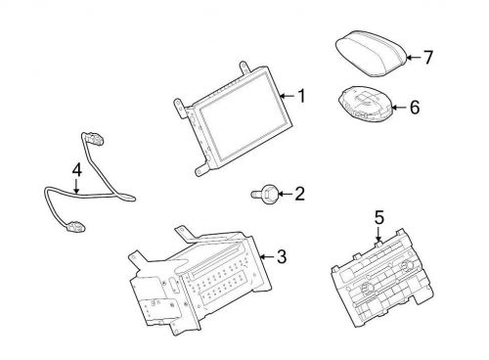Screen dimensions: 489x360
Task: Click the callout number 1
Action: (x=302, y=96)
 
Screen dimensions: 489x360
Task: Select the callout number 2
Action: (x=299, y=194)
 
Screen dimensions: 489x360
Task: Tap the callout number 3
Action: (x=282, y=256)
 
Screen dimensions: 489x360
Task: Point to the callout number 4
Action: (x=76, y=170)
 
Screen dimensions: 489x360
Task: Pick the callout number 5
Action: (x=379, y=217)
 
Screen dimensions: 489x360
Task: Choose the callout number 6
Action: (x=415, y=108)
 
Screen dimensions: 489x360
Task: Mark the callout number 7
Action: (x=428, y=58)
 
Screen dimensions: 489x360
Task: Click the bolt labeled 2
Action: (x=265, y=195)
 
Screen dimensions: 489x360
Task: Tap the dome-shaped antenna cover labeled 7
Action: (x=372, y=54)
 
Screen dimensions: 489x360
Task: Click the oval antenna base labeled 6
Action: (x=366, y=105)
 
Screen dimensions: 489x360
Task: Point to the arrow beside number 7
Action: (x=414, y=58)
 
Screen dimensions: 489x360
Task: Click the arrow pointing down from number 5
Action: (x=378, y=234)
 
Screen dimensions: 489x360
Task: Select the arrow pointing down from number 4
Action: (x=76, y=186)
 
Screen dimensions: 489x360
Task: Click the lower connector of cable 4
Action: (x=75, y=226)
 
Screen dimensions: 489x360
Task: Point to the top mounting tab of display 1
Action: (x=244, y=67)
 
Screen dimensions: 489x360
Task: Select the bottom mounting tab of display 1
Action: (x=202, y=168)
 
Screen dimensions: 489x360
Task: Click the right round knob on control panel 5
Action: (x=407, y=266)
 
